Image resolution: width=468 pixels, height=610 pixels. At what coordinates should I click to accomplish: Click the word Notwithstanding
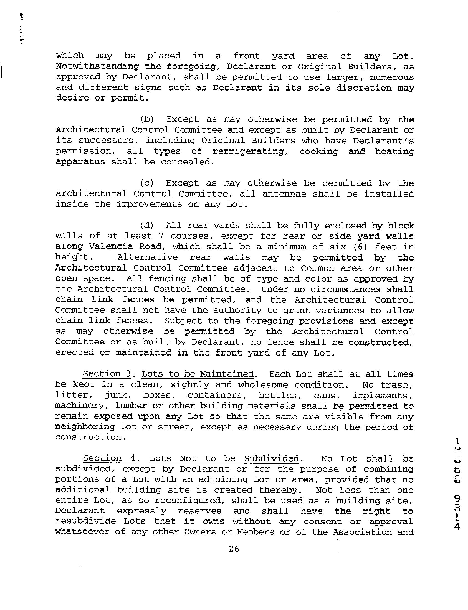97,66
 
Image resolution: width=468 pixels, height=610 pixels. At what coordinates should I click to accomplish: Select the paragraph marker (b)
147,119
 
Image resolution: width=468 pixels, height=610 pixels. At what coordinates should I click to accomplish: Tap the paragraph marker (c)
146,183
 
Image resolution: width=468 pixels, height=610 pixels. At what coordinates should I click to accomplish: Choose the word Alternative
147,257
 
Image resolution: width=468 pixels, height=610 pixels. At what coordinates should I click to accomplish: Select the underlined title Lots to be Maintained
198,374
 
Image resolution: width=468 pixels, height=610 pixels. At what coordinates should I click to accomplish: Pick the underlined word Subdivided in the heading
271,459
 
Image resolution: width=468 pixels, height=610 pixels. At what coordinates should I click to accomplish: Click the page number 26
234,549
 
